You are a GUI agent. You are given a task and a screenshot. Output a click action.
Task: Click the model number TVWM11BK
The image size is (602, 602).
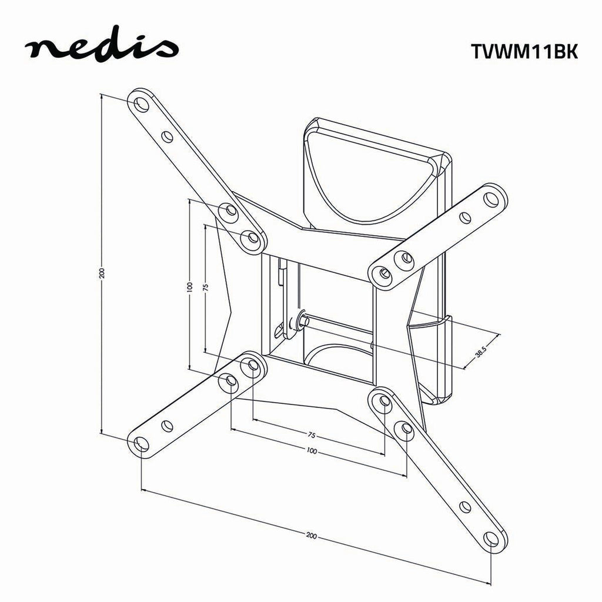coord(524,51)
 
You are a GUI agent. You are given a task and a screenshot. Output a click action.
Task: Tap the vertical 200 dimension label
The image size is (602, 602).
coord(102,272)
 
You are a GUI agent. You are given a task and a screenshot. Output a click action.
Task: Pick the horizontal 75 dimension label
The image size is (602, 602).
coord(312,435)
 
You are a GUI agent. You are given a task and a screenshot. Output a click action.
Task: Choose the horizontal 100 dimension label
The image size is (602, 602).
coord(312,451)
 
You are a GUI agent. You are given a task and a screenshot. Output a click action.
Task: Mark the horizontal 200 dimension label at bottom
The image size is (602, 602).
coord(312,535)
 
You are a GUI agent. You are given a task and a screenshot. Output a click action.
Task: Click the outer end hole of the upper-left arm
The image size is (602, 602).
coord(141,104)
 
